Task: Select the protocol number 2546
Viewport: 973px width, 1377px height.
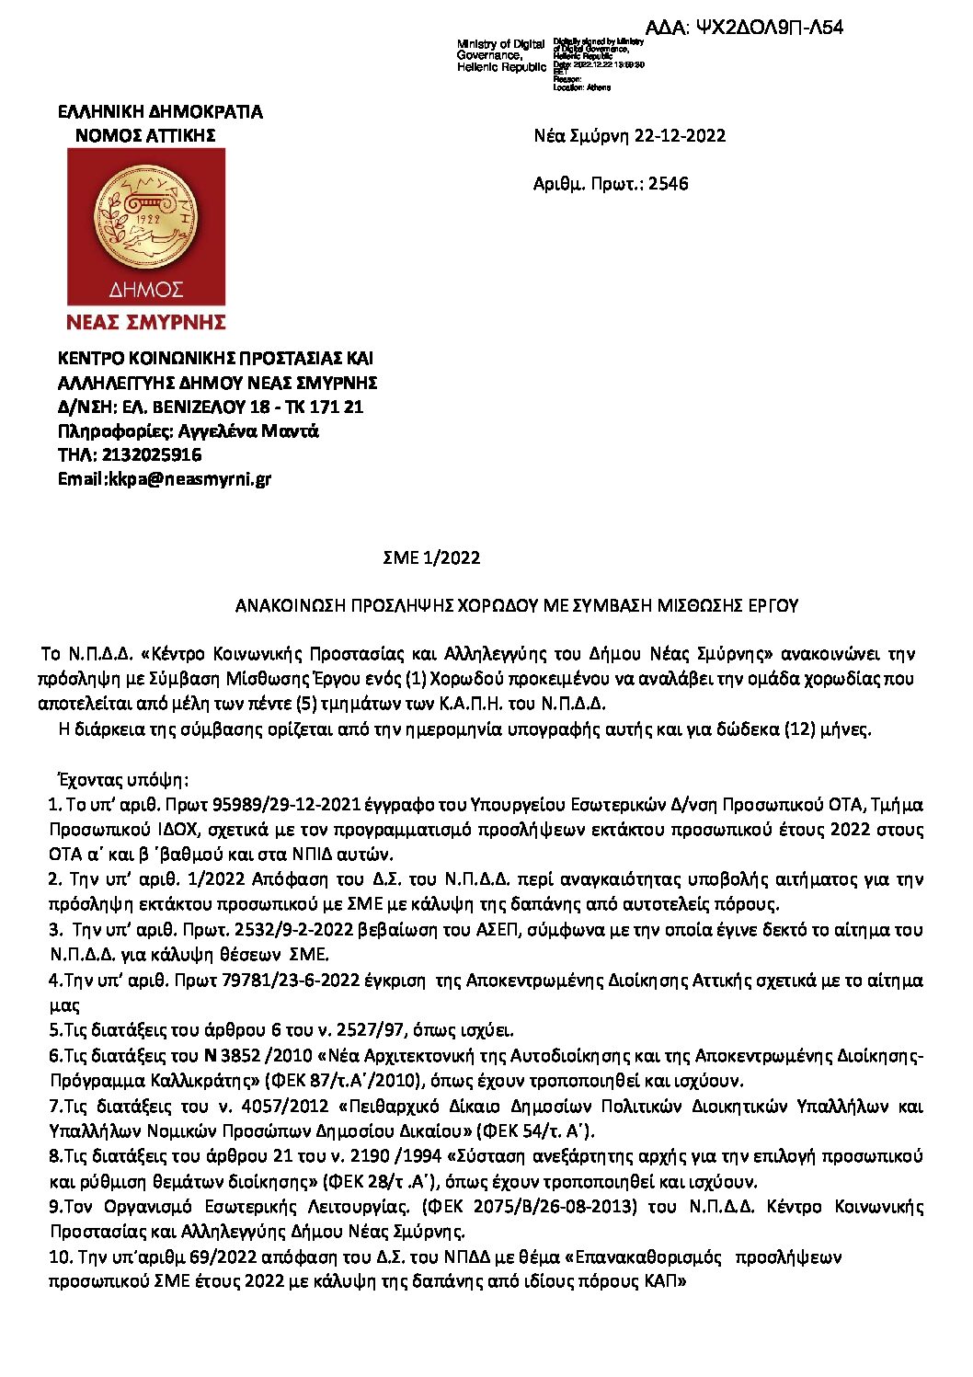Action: point(668,184)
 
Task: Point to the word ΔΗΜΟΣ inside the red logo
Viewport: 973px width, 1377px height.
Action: point(146,290)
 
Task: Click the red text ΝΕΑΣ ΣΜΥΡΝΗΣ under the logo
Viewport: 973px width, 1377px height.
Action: point(146,323)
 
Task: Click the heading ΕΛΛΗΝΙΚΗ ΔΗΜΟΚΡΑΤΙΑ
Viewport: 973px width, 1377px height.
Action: point(160,112)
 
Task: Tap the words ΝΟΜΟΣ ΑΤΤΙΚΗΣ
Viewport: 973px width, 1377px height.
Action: point(145,136)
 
